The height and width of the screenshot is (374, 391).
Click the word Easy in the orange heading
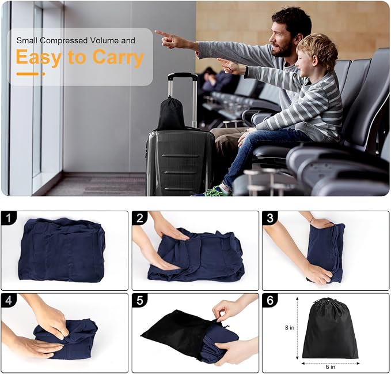39,58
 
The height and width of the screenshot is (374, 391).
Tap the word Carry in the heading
119,58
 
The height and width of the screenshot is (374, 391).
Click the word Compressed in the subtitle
64,40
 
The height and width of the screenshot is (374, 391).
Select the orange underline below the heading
31,74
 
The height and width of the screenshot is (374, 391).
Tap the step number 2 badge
140,218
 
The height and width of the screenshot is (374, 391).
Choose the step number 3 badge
270,218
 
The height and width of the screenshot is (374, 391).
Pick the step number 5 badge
140,301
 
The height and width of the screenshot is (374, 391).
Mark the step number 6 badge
270,301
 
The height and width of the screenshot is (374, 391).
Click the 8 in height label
290,327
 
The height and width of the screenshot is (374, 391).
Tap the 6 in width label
331,366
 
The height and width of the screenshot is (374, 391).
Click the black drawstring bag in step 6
330,330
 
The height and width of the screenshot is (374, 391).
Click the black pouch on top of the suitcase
171,114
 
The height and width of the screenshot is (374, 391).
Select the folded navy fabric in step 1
62,250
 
